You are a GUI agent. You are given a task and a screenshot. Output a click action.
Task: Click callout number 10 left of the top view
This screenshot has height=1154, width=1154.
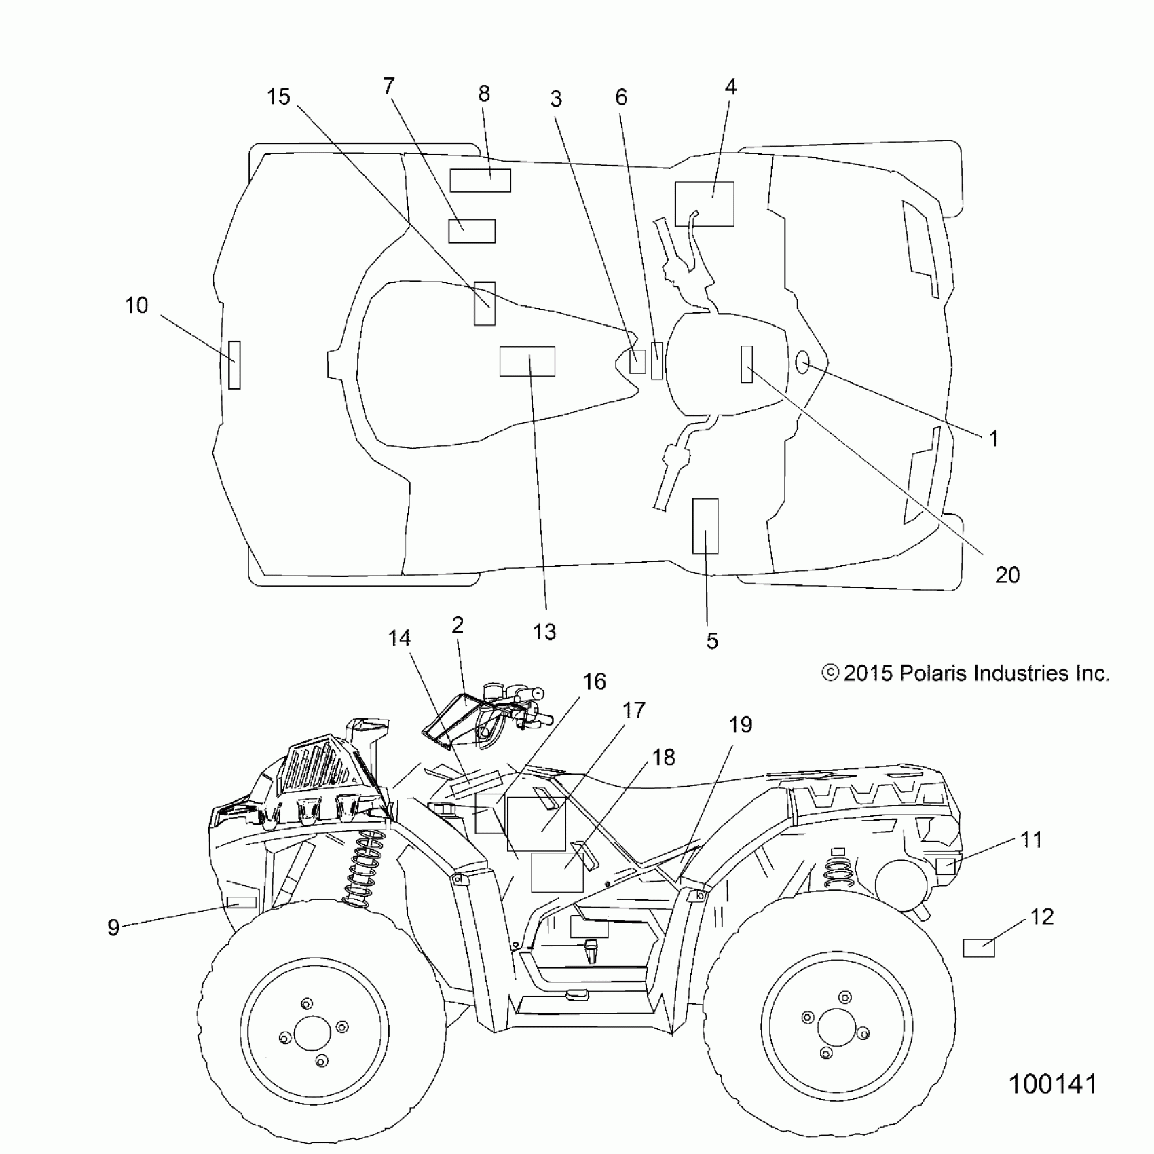[136, 305]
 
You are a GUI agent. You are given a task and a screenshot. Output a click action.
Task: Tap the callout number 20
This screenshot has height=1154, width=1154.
[1007, 575]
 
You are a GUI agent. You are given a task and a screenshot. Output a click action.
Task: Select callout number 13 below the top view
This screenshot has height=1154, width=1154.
[544, 631]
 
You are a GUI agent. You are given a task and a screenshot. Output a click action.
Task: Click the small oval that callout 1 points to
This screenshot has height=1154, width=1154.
[802, 364]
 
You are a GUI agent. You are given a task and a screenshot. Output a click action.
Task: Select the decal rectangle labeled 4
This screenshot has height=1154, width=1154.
[705, 204]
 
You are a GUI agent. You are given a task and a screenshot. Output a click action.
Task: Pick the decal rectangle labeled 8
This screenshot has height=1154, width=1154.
[480, 181]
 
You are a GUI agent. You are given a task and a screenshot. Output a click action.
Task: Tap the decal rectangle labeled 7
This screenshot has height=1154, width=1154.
[472, 231]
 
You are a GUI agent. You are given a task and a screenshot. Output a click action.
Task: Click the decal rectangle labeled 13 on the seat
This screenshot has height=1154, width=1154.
[527, 361]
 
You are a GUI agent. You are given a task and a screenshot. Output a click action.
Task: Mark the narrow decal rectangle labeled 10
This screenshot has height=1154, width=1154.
[234, 365]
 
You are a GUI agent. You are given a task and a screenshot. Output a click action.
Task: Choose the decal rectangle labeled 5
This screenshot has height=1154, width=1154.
[705, 526]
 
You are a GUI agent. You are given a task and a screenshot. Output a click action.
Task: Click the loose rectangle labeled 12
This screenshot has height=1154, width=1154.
[979, 947]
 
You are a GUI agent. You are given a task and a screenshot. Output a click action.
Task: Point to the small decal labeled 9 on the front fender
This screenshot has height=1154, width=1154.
[241, 902]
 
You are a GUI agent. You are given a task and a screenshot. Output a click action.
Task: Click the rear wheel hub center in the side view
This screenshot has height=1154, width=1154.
[836, 1027]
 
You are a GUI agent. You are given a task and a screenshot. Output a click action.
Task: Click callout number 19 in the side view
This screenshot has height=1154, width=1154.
[741, 725]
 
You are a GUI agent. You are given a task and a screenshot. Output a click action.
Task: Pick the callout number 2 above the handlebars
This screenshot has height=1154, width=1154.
[458, 625]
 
